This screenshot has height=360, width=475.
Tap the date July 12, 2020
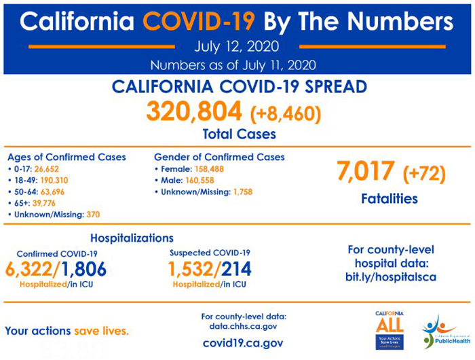tap(237, 47)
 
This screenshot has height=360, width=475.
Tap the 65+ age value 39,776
tap(41, 203)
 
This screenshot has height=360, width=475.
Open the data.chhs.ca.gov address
tap(244, 327)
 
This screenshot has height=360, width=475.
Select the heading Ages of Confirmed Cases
tap(66, 157)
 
